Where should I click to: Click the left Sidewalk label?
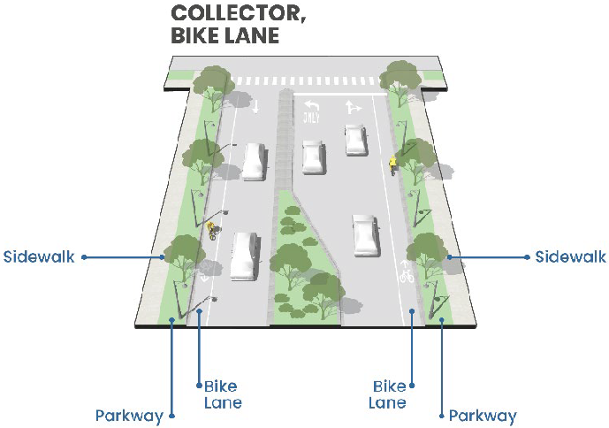point(39,257)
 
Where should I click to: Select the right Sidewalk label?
point(570,257)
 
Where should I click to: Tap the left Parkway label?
point(129,416)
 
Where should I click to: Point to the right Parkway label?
point(483,416)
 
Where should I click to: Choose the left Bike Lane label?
point(222,394)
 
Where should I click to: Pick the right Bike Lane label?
point(389,394)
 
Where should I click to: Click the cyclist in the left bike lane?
point(211,230)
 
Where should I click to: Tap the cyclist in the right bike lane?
point(392,164)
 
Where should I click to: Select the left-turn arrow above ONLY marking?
point(310,103)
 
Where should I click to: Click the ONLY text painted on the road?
point(310,117)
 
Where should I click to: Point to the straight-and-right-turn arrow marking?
point(353,107)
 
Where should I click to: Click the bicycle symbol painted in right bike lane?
point(406,274)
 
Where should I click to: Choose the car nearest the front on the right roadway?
point(365,234)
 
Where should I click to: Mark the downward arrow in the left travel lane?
point(255,106)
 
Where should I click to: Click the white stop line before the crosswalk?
point(336,91)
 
